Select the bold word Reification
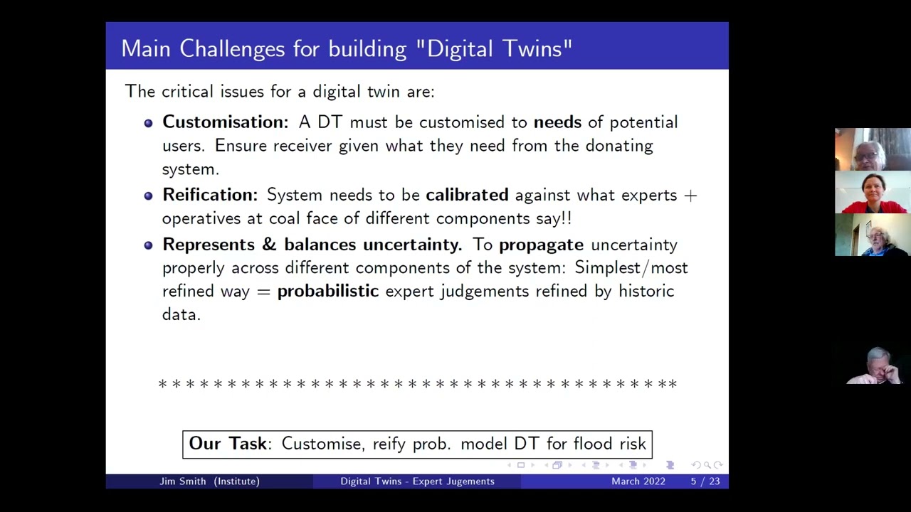(209, 195)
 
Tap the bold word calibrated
(467, 195)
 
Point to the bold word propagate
(541, 245)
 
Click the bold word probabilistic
(327, 292)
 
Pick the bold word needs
(557, 122)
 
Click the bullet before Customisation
(148, 123)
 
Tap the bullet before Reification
(148, 196)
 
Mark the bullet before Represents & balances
(148, 245)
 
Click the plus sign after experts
(690, 196)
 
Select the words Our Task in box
(228, 444)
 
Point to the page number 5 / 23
(705, 481)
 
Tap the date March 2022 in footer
(638, 481)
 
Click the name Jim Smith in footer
(184, 481)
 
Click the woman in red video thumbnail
(873, 192)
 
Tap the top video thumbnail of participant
(873, 149)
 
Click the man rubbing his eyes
(875, 366)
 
